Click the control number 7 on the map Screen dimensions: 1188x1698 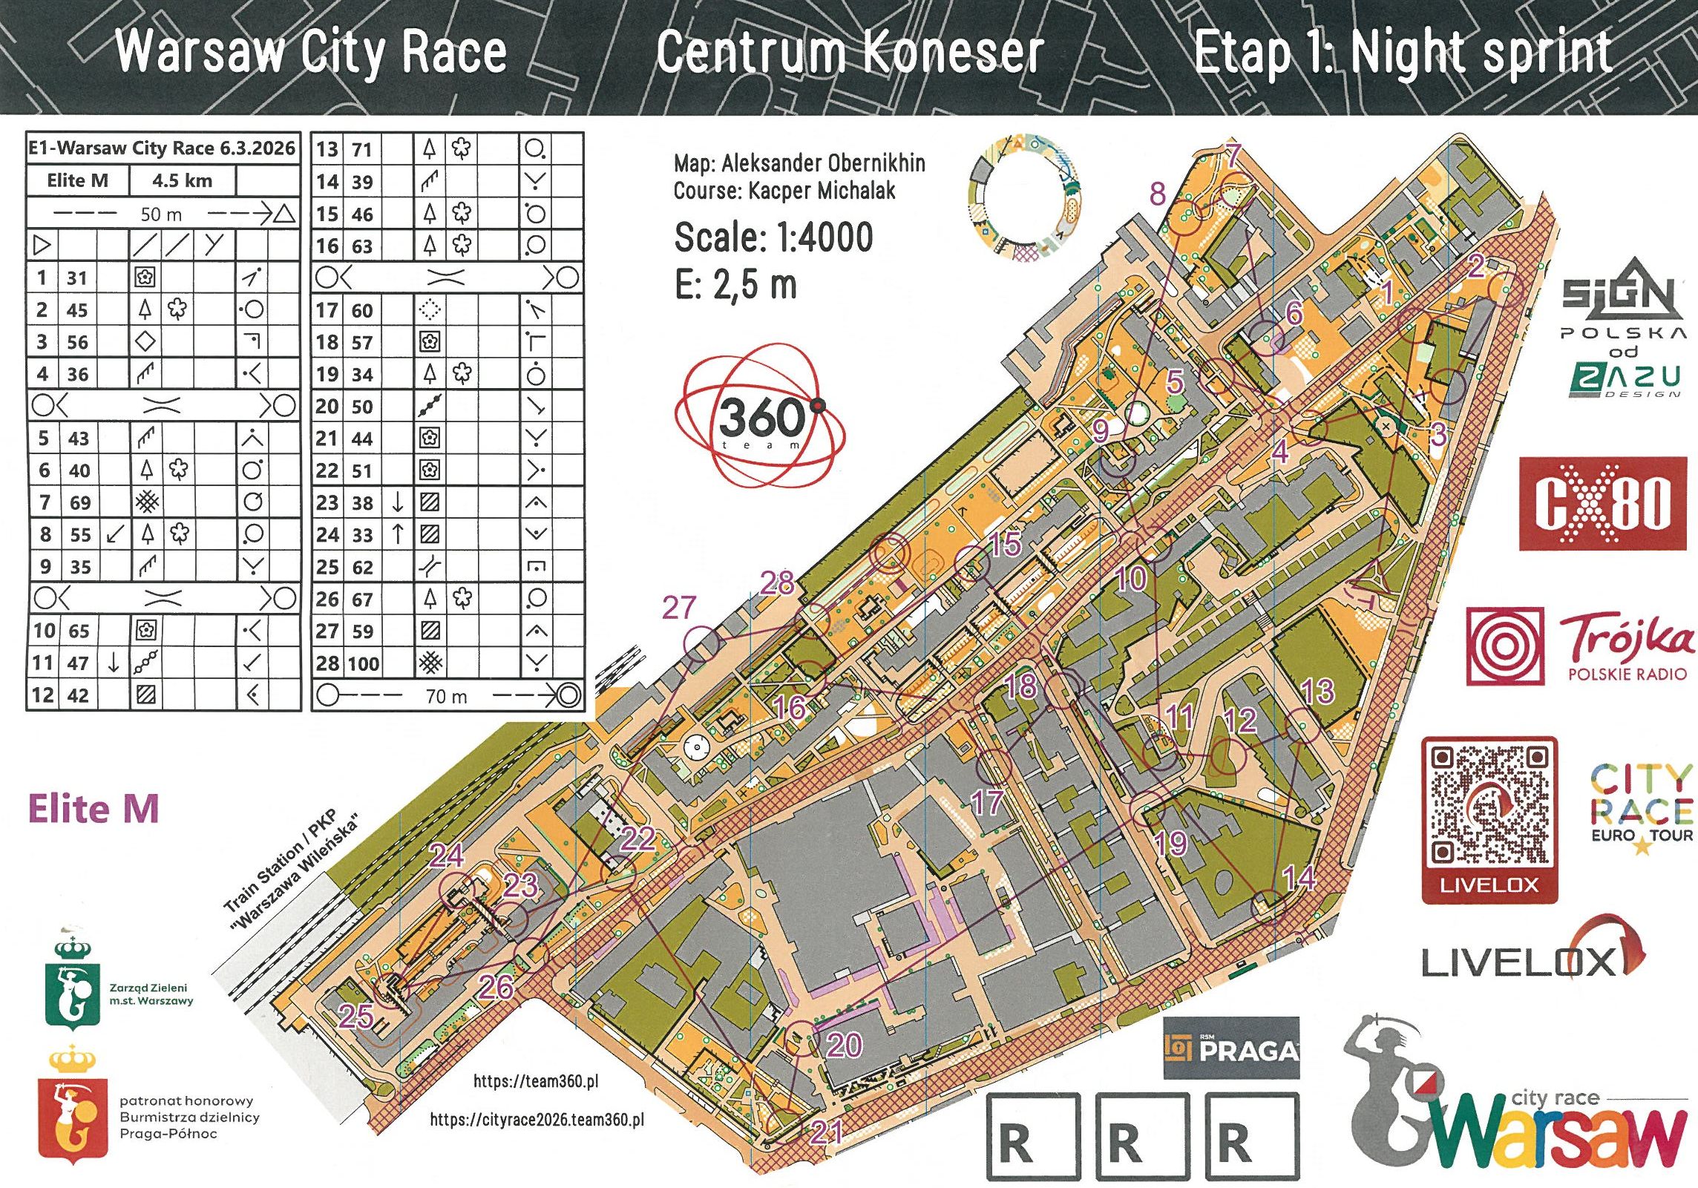coord(1233,155)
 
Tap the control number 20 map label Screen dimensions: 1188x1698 coord(845,1045)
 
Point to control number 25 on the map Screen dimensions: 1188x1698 coord(355,1016)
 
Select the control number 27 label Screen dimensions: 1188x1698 coord(679,608)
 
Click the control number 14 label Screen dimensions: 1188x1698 coord(1299,878)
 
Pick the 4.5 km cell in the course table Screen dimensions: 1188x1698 coord(182,180)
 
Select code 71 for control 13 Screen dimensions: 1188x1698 coord(361,149)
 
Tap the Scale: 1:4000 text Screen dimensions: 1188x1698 coord(773,237)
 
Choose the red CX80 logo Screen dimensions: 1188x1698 coord(1602,504)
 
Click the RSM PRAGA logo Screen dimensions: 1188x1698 coord(1231,1048)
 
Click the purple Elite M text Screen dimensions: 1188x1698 coord(94,808)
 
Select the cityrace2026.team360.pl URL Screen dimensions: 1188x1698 coord(537,1120)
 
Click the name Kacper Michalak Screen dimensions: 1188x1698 coord(822,191)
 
